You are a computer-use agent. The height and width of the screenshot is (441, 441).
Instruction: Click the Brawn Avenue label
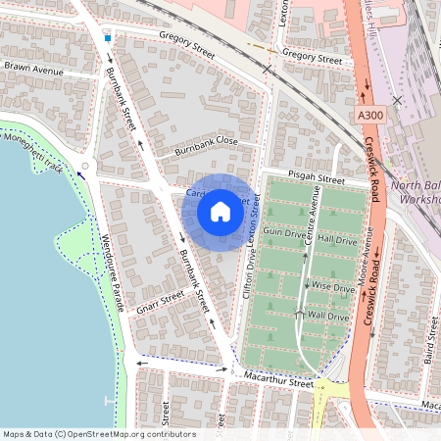[x=33, y=70]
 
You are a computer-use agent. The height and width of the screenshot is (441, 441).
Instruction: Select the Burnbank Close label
[x=206, y=147]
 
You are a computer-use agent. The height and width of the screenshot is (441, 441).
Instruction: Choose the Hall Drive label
[x=336, y=239]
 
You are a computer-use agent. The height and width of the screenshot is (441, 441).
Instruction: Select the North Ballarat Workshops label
[x=416, y=192]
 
